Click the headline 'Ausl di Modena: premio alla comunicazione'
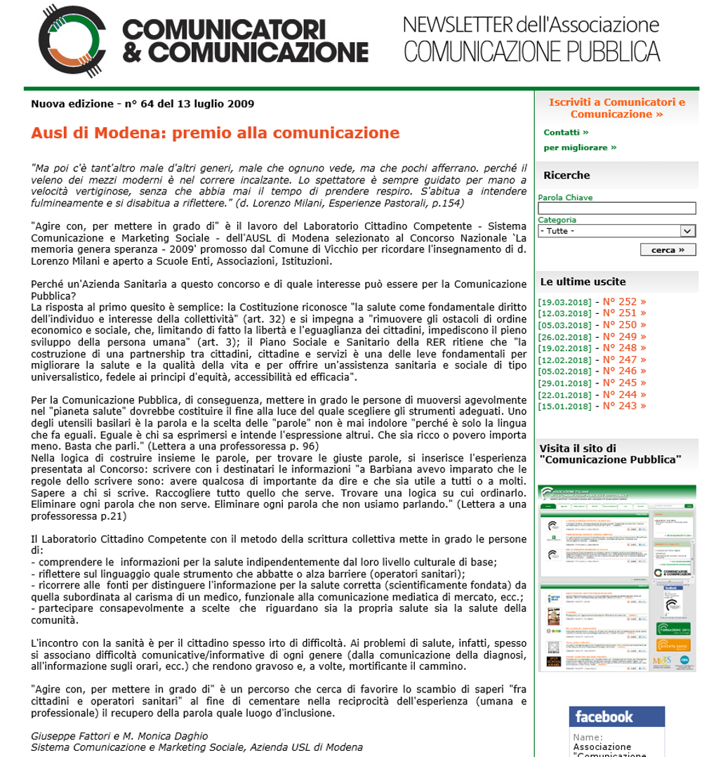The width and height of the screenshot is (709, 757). click(215, 133)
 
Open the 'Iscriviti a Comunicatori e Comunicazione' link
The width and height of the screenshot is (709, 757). click(616, 108)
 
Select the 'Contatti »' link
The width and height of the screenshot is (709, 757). click(566, 132)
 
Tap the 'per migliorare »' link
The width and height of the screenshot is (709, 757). click(580, 147)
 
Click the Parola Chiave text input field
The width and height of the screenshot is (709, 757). click(616, 209)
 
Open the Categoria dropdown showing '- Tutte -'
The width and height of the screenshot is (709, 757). click(616, 231)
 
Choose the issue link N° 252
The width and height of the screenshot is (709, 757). click(624, 302)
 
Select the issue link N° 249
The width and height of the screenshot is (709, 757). click(624, 336)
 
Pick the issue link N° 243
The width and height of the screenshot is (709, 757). click(624, 406)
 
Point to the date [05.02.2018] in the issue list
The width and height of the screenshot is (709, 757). click(564, 371)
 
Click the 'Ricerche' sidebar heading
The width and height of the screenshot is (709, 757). click(566, 176)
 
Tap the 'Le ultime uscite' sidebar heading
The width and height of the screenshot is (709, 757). click(583, 282)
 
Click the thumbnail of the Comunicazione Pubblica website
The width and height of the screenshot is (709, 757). click(617, 577)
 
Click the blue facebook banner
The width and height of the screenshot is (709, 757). click(616, 717)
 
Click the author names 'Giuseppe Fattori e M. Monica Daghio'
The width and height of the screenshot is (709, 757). click(119, 736)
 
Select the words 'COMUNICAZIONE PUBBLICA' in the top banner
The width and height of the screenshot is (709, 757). click(531, 52)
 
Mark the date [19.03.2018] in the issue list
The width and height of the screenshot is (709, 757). click(564, 303)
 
